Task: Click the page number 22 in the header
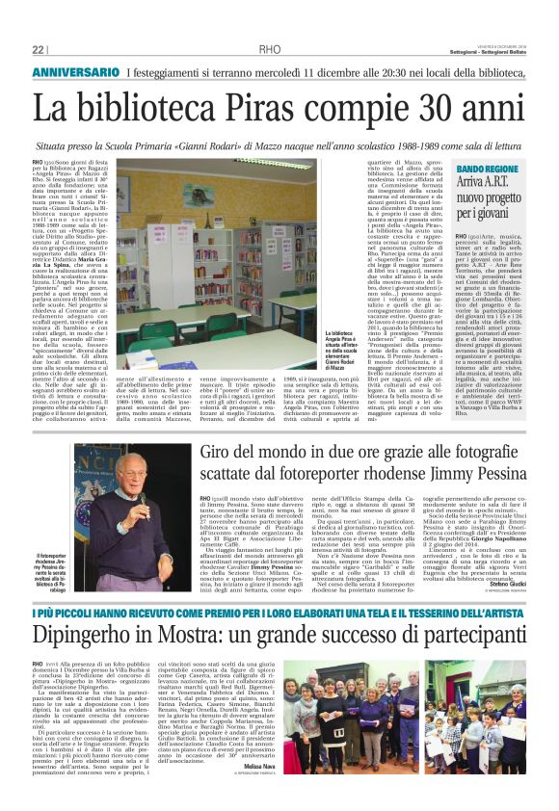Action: [x=38, y=49]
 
